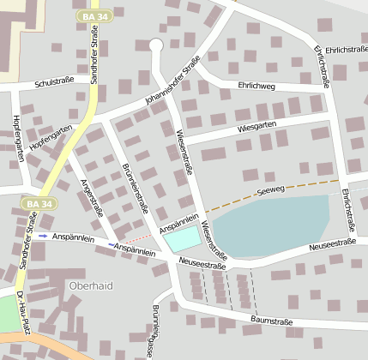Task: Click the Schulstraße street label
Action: click(54, 83)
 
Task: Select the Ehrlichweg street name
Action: click(256, 85)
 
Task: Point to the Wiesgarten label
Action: click(256, 128)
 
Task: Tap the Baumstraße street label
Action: click(272, 321)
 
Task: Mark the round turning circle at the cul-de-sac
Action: click(155, 45)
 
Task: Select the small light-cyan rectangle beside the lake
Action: click(181, 241)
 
